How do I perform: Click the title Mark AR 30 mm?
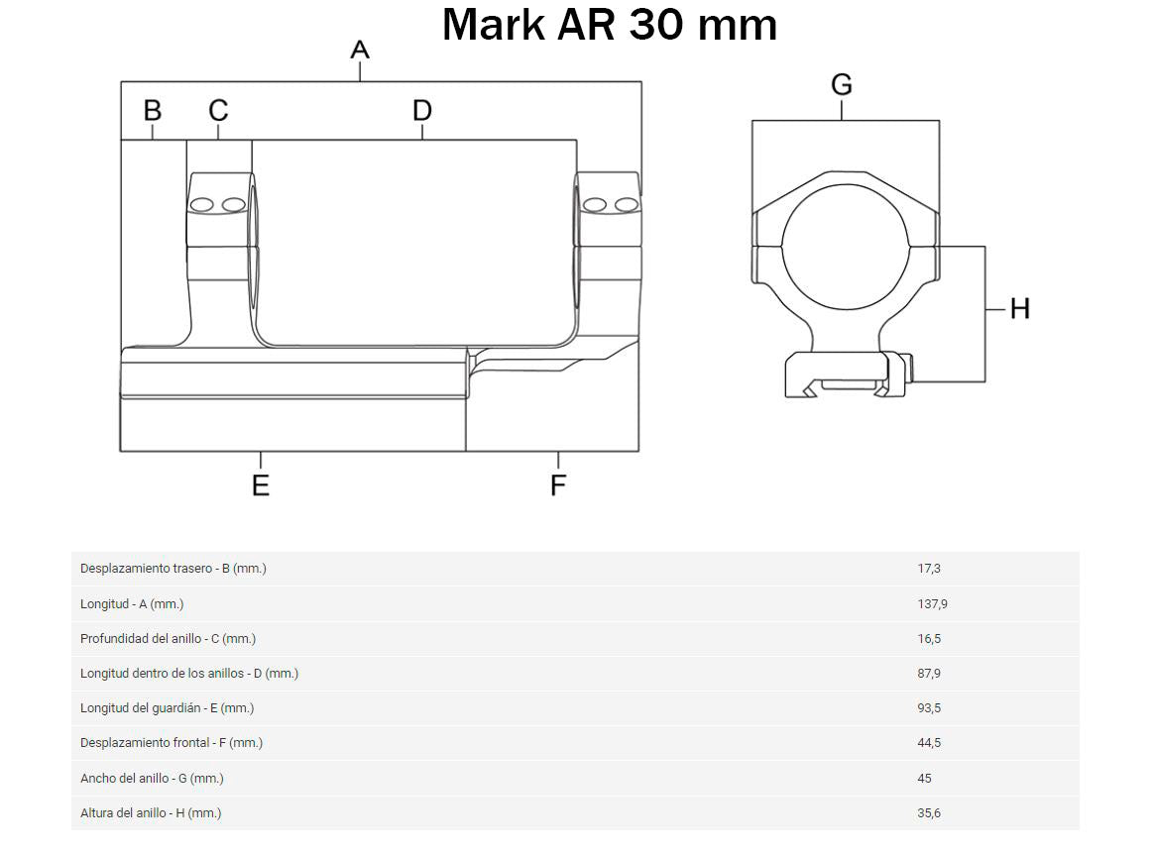point(609,25)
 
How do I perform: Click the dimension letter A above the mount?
point(360,50)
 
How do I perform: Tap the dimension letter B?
point(153,111)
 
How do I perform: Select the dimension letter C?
point(218,111)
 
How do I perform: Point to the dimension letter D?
point(422,111)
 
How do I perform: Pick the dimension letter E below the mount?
point(261,485)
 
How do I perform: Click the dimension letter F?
point(558,485)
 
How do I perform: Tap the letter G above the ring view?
point(842,85)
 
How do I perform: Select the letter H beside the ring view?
point(1020,309)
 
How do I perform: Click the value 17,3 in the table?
point(929,569)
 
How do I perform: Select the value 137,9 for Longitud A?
point(933,603)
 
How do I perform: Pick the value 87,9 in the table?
point(929,674)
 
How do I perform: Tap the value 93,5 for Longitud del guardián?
point(929,708)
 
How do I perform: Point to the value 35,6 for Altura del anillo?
point(929,813)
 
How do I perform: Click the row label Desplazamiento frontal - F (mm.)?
point(172,743)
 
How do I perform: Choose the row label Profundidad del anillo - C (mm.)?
point(168,639)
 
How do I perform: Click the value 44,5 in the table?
point(929,743)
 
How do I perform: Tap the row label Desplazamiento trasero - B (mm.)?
point(173,569)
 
